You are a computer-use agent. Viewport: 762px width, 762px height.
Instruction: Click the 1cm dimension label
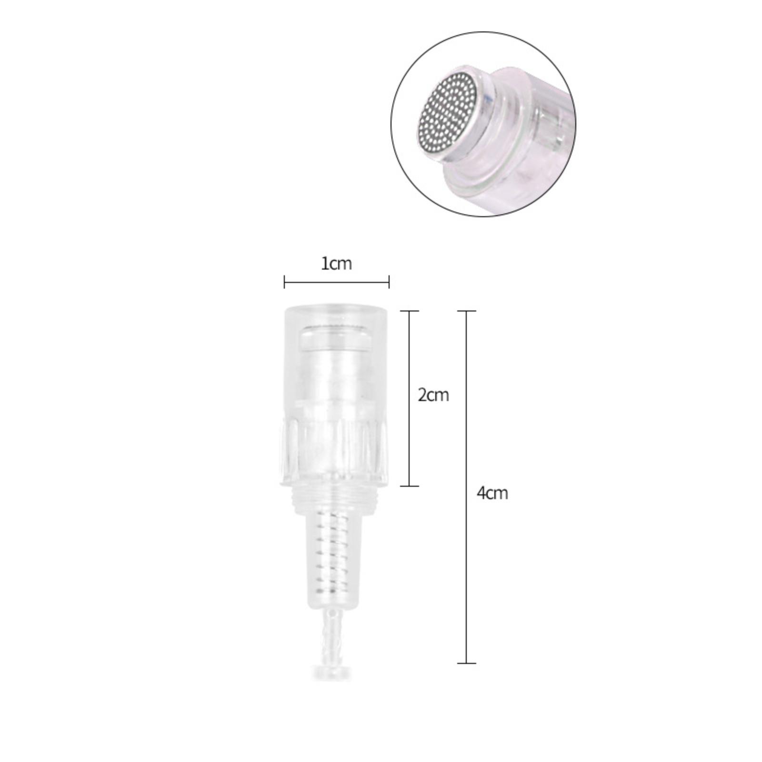336,263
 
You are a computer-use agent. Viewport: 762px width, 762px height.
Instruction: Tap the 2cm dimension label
433,395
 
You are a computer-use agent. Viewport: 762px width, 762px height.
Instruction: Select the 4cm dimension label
492,493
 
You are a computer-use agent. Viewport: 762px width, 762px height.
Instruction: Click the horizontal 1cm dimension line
337,282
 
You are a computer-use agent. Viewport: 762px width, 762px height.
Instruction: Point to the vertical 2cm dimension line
409,398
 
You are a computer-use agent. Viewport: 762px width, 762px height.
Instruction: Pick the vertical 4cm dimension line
466,487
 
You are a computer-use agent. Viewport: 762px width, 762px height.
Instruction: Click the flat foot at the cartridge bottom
332,672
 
